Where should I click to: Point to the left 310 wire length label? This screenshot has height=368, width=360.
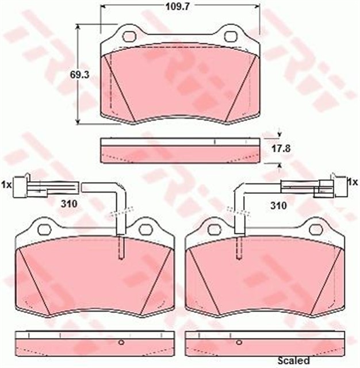(69, 203)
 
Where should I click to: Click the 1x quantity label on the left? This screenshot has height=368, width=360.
(7, 185)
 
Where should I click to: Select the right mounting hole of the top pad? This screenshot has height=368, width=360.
(230, 36)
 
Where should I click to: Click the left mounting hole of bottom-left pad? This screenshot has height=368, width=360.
(44, 229)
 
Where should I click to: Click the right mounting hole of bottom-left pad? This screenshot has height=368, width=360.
(144, 229)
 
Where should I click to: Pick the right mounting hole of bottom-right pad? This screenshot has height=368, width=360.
(315, 229)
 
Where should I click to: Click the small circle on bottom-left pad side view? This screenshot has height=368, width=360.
(121, 343)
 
